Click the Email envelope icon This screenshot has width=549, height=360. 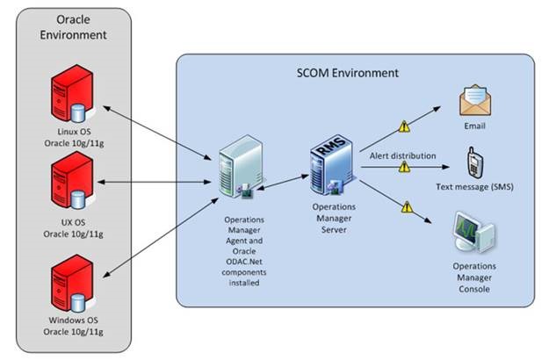pyautogui.click(x=475, y=101)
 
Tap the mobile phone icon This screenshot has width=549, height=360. pyautogui.click(x=474, y=161)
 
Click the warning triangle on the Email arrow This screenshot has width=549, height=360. pyautogui.click(x=404, y=126)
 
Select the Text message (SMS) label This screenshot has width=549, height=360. pyautogui.click(x=475, y=187)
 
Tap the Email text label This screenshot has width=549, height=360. pyautogui.click(x=475, y=126)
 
